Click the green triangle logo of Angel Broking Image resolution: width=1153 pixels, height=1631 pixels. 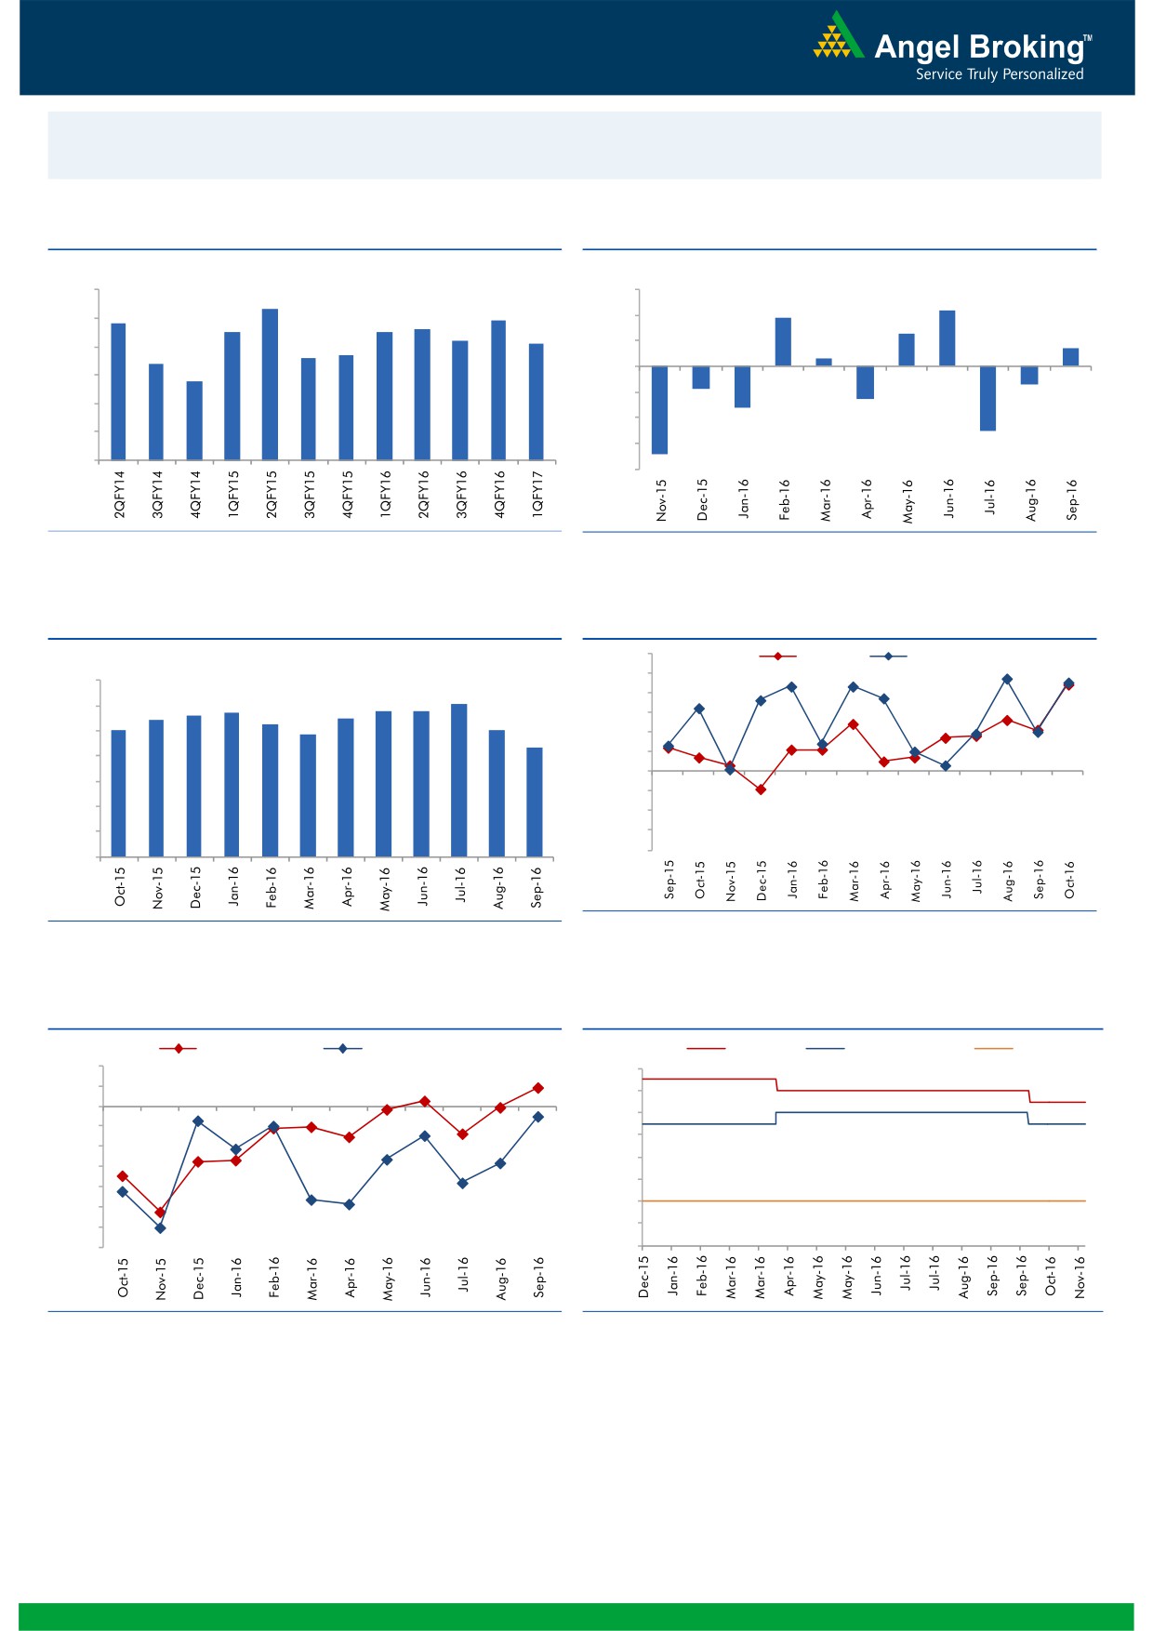838,37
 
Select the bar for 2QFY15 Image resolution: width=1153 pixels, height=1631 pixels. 270,384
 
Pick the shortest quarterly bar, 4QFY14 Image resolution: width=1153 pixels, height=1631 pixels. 194,420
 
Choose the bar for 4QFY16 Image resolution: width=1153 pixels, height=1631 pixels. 498,390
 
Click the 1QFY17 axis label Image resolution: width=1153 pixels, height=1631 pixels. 537,493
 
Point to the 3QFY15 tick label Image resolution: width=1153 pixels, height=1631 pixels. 310,493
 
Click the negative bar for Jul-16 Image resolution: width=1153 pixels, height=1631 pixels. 987,398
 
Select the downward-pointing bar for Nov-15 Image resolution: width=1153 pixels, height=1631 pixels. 659,410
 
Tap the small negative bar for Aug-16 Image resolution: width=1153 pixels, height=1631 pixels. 1028,375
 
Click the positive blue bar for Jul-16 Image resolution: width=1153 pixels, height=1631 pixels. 458,780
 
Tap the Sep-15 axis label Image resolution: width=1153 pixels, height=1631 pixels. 669,879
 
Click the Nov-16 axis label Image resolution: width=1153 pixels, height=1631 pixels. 1080,1276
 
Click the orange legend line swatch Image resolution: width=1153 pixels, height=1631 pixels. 993,1049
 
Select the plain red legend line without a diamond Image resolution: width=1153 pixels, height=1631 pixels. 706,1049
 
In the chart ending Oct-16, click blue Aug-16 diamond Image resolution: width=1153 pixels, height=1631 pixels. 1007,680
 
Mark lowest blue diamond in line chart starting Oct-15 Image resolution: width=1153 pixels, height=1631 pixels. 160,1228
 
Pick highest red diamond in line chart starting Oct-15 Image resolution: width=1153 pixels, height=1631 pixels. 537,1088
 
